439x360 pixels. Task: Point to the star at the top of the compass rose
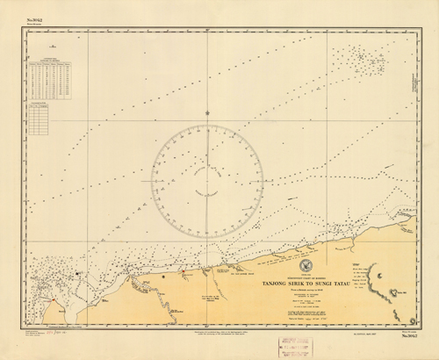(206, 112)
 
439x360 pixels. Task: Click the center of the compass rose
(206, 180)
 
